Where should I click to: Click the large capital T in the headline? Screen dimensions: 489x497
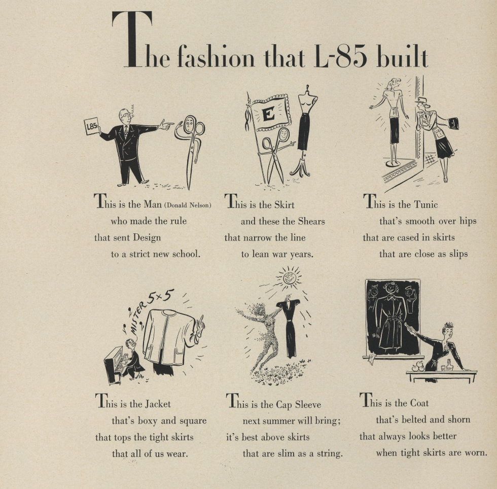coord(132,40)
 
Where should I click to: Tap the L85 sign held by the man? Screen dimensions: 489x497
coord(92,126)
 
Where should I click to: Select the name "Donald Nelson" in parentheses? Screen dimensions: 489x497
coord(188,205)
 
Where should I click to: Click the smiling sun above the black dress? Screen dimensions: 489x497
coord(289,277)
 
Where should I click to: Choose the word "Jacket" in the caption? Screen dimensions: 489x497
coord(158,404)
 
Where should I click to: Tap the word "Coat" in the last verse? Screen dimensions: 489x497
coord(419,403)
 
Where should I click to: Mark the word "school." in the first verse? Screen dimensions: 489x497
coord(187,254)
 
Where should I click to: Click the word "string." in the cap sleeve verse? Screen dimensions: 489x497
coord(328,453)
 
